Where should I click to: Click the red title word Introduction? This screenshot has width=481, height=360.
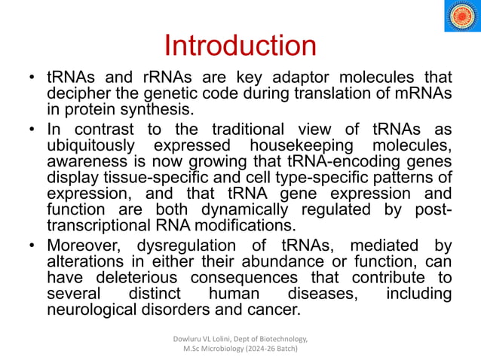[240, 45]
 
